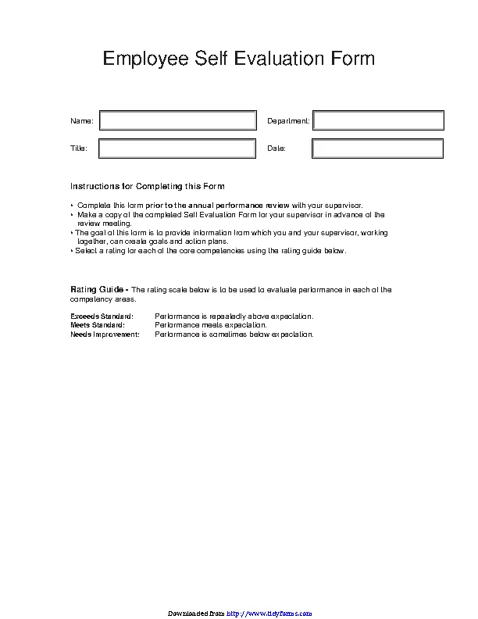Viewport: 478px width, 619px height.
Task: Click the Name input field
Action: tap(177, 120)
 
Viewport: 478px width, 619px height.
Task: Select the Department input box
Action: tap(378, 120)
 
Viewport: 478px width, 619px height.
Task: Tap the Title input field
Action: tap(177, 148)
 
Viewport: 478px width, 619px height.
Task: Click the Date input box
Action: tap(378, 148)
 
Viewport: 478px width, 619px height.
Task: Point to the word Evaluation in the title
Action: tap(278, 59)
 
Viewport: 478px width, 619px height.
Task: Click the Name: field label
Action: tap(82, 121)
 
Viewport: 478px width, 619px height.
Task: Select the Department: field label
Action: tap(288, 121)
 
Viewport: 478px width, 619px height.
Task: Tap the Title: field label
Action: tap(79, 148)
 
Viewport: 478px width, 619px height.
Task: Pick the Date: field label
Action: tap(276, 148)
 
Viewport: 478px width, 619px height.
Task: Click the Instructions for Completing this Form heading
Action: tap(148, 187)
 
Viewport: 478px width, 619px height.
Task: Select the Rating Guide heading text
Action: tap(98, 290)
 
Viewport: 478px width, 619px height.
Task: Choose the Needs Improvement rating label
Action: tap(105, 335)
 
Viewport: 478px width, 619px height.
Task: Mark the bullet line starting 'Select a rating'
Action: tap(209, 252)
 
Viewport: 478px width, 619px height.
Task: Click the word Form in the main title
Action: tap(351, 59)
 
